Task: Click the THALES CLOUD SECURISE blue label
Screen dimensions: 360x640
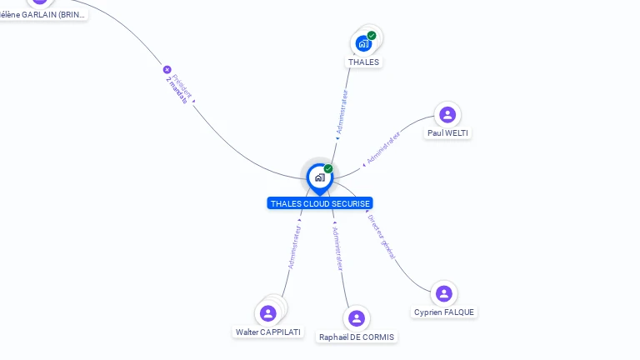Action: point(320,203)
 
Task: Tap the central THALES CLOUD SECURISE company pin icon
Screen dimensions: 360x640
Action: point(319,177)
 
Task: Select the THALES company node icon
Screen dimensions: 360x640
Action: point(363,42)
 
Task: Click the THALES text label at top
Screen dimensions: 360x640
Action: point(363,62)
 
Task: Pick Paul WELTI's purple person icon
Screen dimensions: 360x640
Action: point(447,115)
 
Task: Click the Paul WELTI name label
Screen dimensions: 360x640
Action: point(448,132)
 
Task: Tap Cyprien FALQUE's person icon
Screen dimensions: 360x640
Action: point(443,293)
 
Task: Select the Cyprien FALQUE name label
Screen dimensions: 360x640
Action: point(444,312)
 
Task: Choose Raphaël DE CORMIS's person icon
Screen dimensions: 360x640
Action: point(357,318)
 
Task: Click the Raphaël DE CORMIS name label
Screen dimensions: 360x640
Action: point(357,337)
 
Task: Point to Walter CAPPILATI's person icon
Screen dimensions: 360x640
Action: point(267,313)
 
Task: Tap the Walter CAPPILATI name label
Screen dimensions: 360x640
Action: point(268,332)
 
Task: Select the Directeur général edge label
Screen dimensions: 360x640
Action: point(382,237)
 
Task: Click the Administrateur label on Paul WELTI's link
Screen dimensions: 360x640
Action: point(384,147)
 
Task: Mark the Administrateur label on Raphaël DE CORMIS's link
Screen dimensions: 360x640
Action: point(337,249)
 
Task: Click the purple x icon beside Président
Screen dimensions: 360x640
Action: point(167,70)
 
